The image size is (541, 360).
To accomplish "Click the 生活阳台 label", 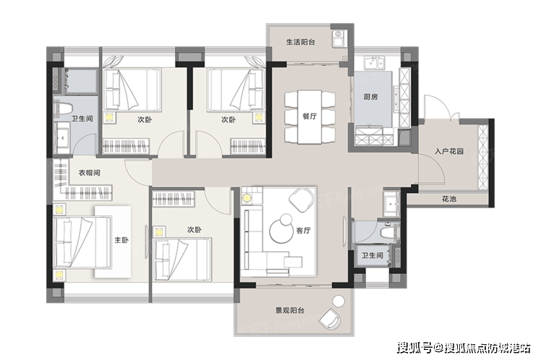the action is [x=300, y=43].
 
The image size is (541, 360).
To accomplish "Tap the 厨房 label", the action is [x=370, y=97].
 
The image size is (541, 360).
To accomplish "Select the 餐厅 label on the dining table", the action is [x=310, y=116].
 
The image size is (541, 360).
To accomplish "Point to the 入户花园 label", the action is [x=448, y=151].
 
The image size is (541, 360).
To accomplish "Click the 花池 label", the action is [x=449, y=199].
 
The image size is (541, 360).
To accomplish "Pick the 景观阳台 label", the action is [x=290, y=310].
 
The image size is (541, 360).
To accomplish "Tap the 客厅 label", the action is [x=303, y=231].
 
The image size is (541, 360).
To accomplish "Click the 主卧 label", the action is [x=121, y=240].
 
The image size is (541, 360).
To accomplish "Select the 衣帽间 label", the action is [x=90, y=173].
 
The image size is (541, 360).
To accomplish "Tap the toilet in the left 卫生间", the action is [x=63, y=108].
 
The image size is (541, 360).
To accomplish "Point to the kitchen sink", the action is [x=375, y=64].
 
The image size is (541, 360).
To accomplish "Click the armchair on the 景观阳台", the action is [x=330, y=318].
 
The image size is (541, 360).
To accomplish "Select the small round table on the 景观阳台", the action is [x=339, y=301].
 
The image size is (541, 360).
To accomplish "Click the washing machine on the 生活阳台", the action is [x=338, y=38].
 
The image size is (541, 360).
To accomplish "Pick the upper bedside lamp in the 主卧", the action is [x=59, y=210].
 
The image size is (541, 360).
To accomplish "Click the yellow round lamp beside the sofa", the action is [x=247, y=199].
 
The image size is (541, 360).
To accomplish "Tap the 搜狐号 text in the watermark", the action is [x=414, y=348].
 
